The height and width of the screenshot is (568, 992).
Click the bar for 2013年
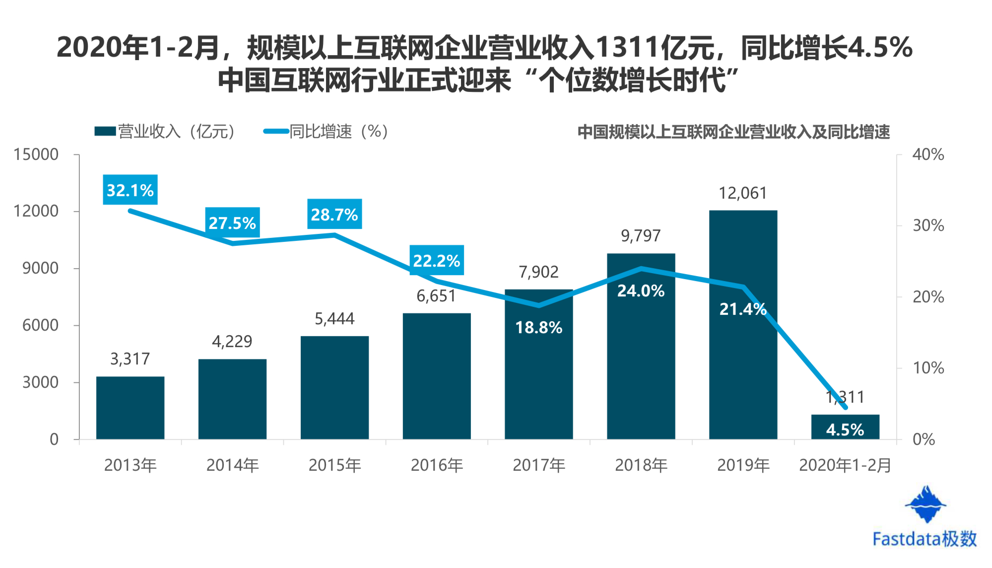(130, 408)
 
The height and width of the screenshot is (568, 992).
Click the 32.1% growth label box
(130, 190)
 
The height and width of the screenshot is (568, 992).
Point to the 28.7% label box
(334, 214)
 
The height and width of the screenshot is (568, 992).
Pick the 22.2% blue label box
(437, 260)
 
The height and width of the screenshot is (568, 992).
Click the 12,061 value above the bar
(743, 193)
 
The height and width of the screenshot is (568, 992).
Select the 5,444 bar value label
(334, 319)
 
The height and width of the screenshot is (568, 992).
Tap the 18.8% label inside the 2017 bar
(539, 328)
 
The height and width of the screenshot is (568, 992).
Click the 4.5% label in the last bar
(845, 430)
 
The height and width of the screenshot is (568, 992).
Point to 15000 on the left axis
(36, 154)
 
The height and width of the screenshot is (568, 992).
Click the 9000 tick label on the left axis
(40, 268)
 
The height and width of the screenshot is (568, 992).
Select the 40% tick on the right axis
(928, 154)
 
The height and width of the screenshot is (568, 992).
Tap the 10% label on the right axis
(928, 368)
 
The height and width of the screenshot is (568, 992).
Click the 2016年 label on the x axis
(437, 465)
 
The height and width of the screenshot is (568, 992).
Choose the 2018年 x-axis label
(641, 465)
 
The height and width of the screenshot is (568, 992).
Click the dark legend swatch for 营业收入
(105, 132)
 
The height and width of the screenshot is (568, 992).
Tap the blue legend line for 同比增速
(276, 132)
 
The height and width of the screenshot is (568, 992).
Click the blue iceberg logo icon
(926, 504)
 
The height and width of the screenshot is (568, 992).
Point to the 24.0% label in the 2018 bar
(641, 291)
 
